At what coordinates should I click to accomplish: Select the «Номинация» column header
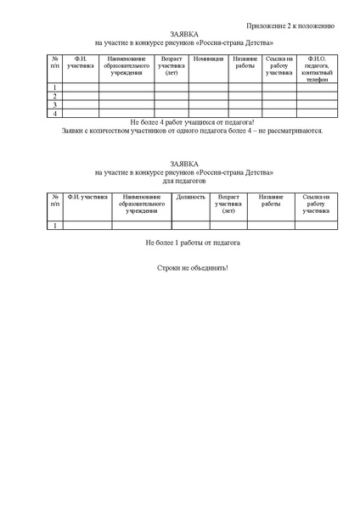[208, 59]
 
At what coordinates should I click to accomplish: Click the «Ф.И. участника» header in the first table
[81, 62]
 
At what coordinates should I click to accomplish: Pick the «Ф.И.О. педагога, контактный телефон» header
[316, 68]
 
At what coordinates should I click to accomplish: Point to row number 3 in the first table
[54, 104]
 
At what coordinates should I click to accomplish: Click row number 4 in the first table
[54, 113]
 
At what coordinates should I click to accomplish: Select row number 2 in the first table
[54, 96]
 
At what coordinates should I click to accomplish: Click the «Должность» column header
[190, 196]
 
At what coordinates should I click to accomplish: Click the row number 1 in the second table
[54, 225]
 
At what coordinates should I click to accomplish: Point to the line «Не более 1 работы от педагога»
[193, 243]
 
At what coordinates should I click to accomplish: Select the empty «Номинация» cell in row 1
[208, 87]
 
